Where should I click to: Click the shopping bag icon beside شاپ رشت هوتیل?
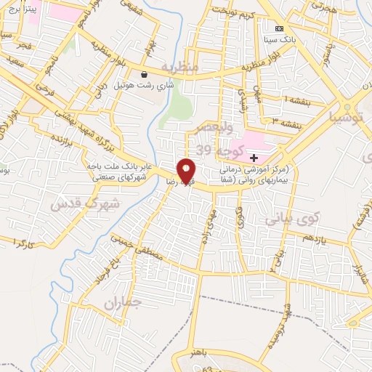[145, 75]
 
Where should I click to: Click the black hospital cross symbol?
[254, 158]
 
